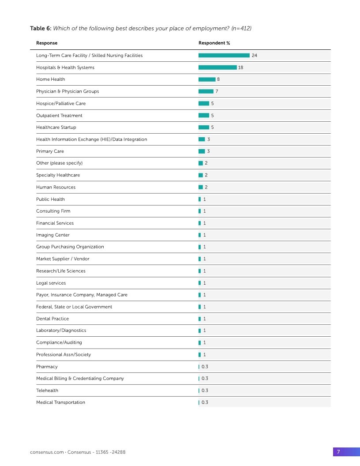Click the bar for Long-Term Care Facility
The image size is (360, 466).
tap(224, 56)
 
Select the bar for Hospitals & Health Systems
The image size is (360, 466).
tap(217, 68)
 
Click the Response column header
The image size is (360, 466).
tap(47, 43)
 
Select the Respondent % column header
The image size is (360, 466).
tap(214, 43)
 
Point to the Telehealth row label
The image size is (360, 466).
tap(47, 391)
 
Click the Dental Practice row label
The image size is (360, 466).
tap(52, 319)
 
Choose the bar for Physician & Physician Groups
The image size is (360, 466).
tap(206, 91)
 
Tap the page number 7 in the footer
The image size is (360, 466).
tap(338, 452)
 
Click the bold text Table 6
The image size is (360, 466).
tap(41, 29)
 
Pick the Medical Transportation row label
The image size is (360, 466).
tap(60, 402)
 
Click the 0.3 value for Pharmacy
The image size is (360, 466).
tap(205, 367)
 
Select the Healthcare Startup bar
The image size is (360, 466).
tap(204, 128)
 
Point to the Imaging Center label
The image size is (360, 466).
tap(52, 235)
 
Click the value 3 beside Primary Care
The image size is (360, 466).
tap(208, 151)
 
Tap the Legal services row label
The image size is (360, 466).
tap(51, 283)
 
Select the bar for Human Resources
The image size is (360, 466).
tap(201, 187)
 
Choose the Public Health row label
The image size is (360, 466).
tap(50, 199)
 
